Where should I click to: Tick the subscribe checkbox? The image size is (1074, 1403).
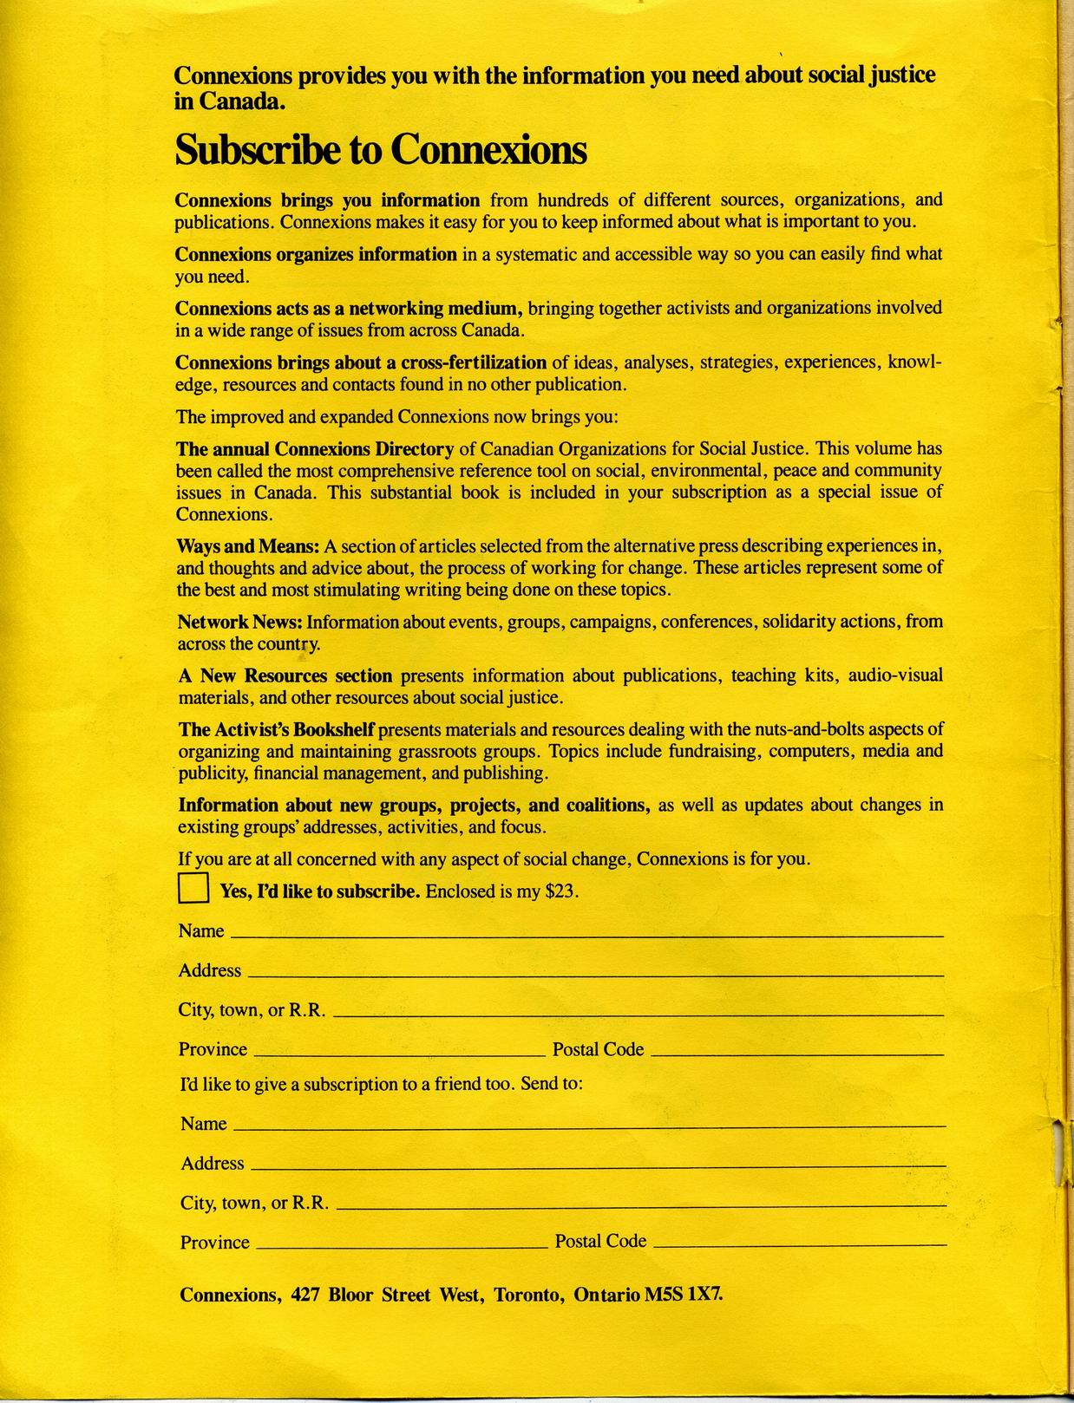[193, 889]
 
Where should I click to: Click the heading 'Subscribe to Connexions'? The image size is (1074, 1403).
[381, 150]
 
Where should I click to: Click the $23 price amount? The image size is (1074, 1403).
[560, 891]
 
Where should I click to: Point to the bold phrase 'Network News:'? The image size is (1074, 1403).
[240, 622]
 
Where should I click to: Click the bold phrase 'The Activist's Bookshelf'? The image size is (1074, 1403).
[277, 729]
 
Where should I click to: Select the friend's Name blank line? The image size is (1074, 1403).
[590, 1126]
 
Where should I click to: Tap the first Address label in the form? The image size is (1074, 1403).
[210, 970]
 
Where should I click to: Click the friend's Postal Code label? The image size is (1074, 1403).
[600, 1241]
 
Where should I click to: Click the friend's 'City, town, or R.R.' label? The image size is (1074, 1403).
[254, 1203]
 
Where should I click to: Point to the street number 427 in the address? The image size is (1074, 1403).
[306, 1295]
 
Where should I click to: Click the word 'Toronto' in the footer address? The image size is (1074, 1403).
[529, 1295]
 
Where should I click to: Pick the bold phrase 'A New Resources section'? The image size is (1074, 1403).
[285, 675]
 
